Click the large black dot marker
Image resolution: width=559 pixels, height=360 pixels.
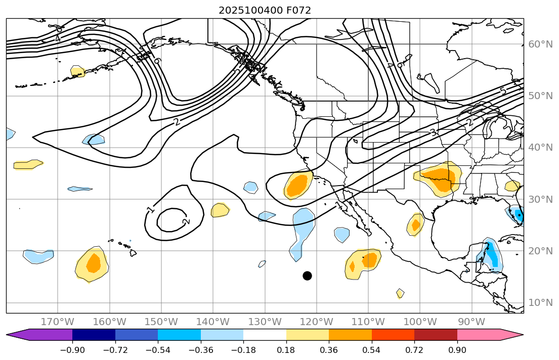[307, 276]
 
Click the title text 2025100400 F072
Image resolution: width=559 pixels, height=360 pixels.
[265, 10]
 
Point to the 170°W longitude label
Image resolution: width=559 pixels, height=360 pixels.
[58, 322]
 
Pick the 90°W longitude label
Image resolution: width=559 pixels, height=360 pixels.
[472, 322]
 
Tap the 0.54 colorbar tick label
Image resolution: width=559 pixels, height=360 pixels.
[372, 350]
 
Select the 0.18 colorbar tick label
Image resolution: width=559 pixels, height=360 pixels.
[286, 350]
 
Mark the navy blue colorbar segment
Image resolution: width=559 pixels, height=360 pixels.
[94, 335]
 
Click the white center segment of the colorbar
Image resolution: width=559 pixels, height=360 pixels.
[265, 335]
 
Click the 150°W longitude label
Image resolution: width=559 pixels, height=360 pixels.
[161, 322]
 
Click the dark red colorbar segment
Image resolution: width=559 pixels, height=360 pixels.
[436, 335]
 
